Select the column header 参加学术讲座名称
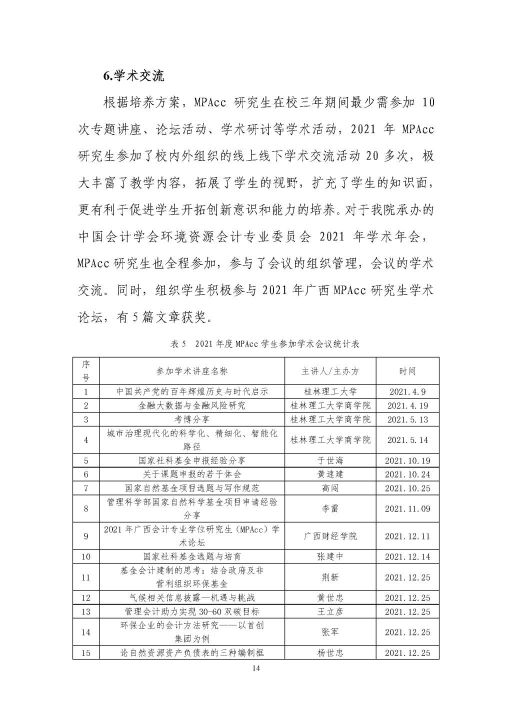(x=192, y=371)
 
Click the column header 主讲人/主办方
(x=330, y=371)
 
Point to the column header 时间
(x=407, y=371)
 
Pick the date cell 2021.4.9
(x=407, y=392)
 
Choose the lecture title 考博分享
(x=192, y=419)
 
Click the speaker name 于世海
(x=330, y=460)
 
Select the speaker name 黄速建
(x=330, y=474)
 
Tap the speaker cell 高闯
(x=330, y=488)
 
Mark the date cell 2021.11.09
(x=407, y=509)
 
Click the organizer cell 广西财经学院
(x=330, y=536)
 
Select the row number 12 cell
(x=86, y=598)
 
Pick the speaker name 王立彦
(x=330, y=611)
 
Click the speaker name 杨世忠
(x=330, y=652)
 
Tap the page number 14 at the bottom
(x=256, y=668)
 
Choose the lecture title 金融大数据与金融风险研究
(x=192, y=406)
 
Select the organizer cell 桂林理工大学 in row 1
(x=330, y=392)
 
